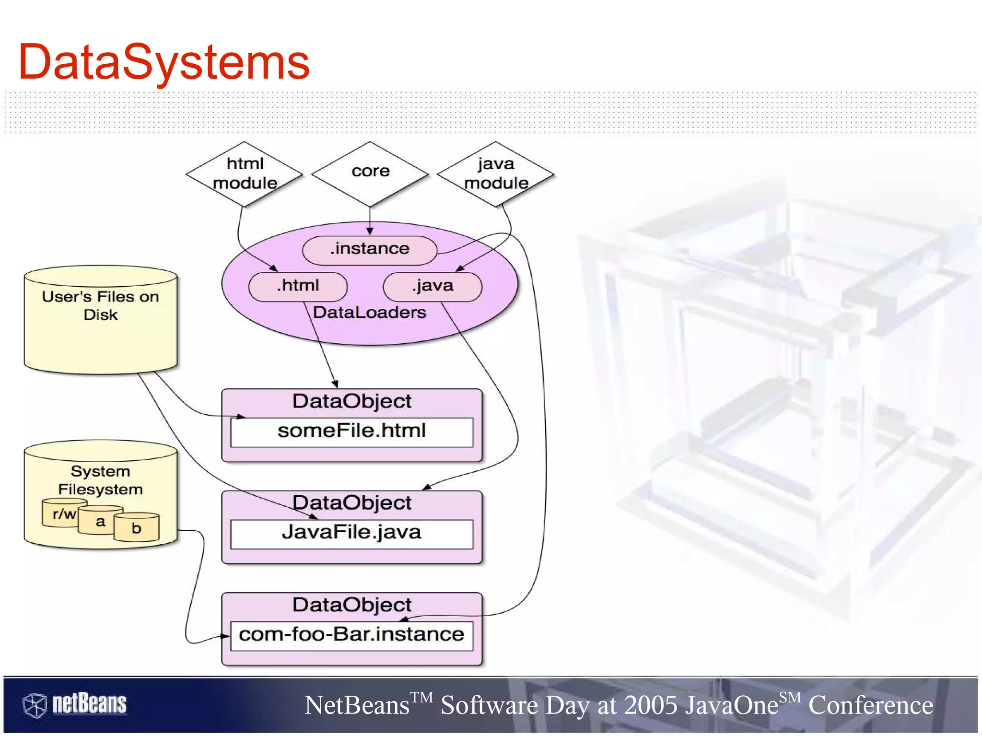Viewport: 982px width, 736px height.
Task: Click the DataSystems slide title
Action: click(164, 62)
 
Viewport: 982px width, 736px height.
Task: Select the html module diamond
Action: click(245, 174)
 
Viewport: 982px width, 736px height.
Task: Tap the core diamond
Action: click(370, 171)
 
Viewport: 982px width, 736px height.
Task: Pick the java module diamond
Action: click(496, 174)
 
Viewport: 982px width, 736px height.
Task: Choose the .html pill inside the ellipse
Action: click(298, 286)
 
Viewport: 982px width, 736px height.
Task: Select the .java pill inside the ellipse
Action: click(433, 286)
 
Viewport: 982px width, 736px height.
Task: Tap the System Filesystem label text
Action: click(101, 480)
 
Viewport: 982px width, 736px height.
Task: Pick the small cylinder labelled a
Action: click(100, 522)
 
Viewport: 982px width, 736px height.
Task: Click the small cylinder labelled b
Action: click(137, 528)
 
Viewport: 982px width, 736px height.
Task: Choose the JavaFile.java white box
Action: click(351, 533)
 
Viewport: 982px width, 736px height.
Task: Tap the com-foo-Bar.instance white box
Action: click(351, 635)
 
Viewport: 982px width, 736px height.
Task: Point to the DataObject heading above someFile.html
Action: click(351, 401)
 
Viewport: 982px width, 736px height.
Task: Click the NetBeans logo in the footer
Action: click(75, 704)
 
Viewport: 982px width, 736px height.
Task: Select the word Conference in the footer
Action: click(871, 706)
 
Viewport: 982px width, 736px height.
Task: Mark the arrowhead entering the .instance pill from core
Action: click(370, 232)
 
